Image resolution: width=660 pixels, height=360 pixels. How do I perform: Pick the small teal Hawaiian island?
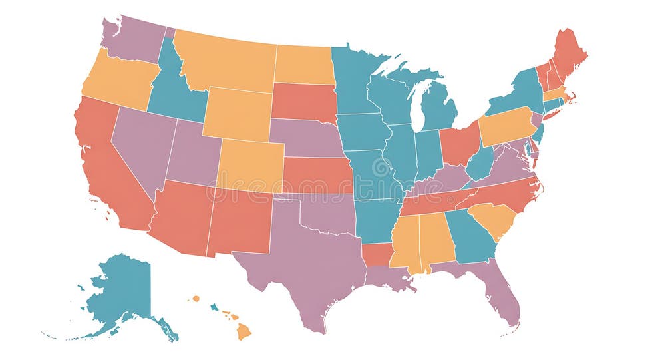214,307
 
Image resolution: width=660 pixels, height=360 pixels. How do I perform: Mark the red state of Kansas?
317,176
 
